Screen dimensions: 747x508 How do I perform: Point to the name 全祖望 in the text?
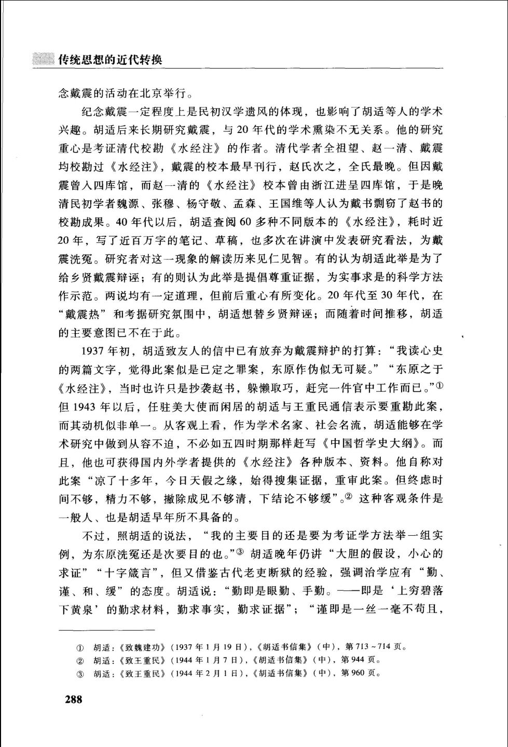[x=344, y=148]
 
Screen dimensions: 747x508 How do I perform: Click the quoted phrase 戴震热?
[x=82, y=314]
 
